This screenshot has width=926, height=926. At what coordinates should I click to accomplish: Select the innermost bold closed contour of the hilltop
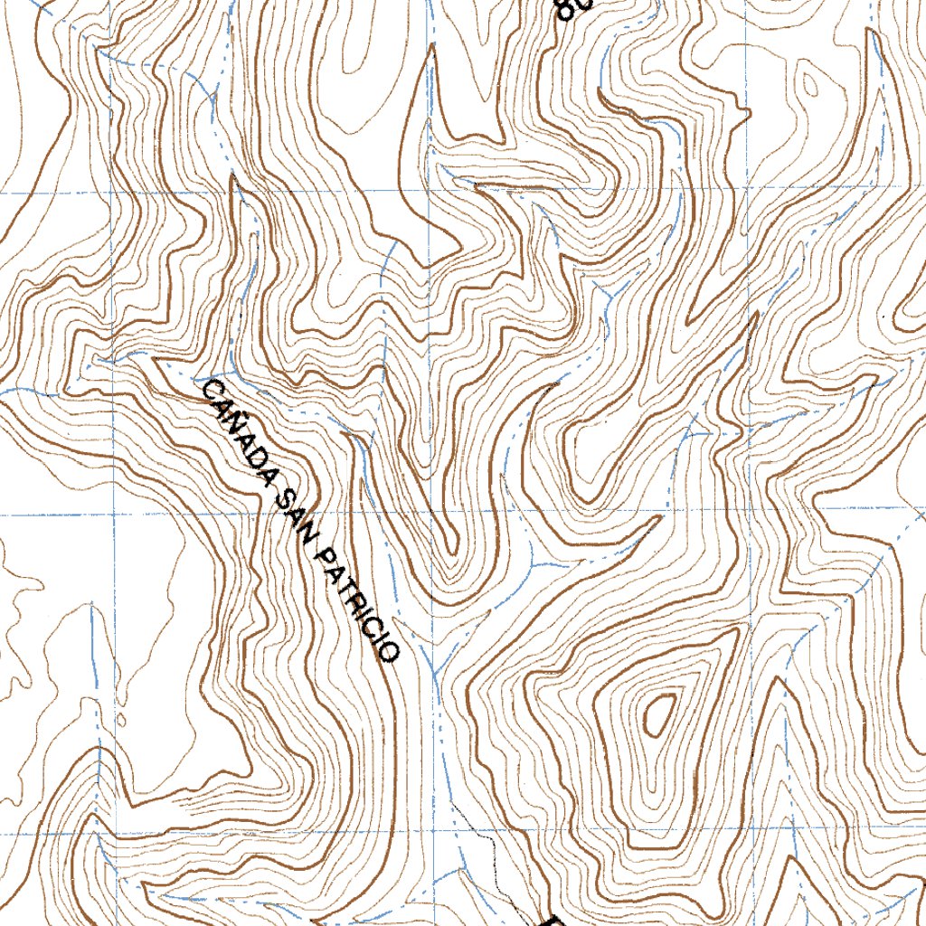click(x=657, y=713)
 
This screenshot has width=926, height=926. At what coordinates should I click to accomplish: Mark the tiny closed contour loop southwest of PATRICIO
click(x=121, y=721)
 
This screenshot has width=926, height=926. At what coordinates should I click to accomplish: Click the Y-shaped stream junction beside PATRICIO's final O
click(x=434, y=674)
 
